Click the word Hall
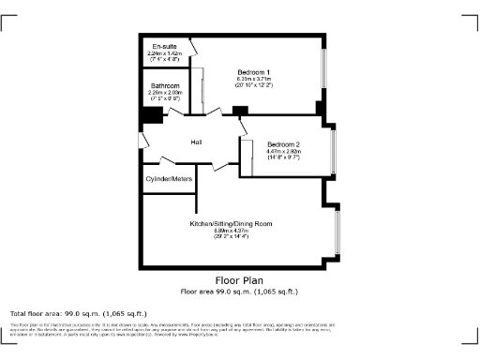tap(197, 142)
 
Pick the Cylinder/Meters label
tap(169, 178)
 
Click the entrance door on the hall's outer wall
tap(141, 141)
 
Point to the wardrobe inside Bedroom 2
tap(247, 156)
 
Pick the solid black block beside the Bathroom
tap(150, 116)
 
